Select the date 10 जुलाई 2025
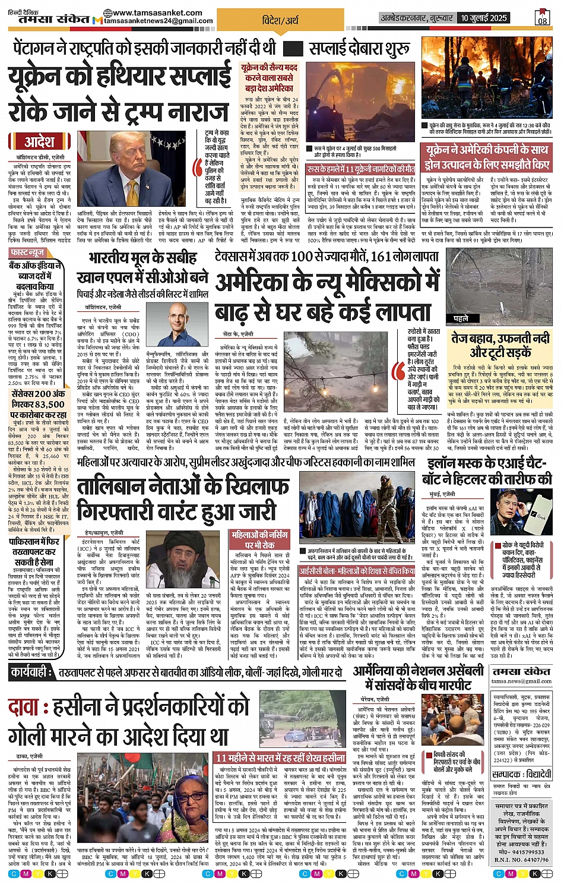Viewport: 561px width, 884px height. point(483,18)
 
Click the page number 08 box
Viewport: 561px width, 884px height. point(542,20)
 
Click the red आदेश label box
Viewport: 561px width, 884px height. point(39,141)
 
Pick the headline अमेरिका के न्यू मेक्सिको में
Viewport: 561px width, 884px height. point(328,283)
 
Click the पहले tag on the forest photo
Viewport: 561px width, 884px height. point(460,318)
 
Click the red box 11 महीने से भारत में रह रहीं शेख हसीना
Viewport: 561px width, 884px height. point(280,757)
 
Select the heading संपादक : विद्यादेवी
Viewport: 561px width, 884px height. point(521,774)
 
